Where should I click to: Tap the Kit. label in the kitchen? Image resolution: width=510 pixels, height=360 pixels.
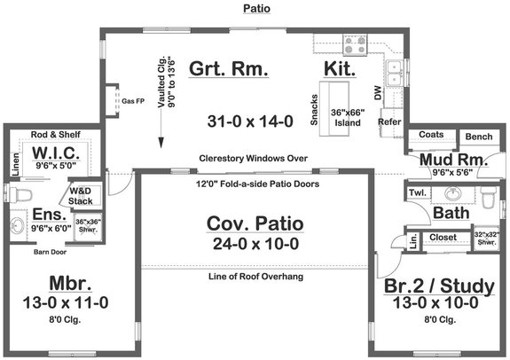[340, 69]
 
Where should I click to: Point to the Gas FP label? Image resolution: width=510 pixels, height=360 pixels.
[133, 100]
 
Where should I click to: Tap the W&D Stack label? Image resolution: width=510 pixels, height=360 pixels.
[82, 196]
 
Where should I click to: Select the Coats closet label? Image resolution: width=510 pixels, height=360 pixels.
[432, 136]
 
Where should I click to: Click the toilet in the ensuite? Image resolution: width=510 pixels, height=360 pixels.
[17, 193]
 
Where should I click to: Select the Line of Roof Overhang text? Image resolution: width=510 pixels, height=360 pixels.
[254, 278]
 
